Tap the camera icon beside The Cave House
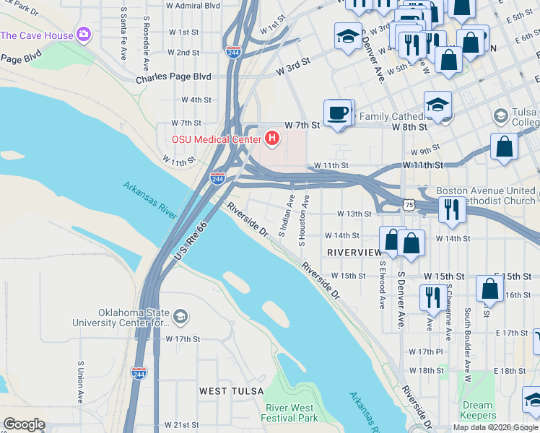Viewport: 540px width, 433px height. pyautogui.click(x=84, y=35)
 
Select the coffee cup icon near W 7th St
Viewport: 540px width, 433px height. pyautogui.click(x=338, y=113)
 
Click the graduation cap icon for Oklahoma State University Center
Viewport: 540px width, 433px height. pyautogui.click(x=180, y=316)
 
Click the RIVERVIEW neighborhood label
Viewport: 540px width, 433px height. pyautogui.click(x=354, y=252)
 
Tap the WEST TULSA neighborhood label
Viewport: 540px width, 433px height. pyautogui.click(x=229, y=390)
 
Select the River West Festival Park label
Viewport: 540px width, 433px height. pyautogui.click(x=291, y=413)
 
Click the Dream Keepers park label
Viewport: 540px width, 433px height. pyautogui.click(x=479, y=410)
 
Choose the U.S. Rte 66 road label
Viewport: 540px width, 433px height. pyautogui.click(x=191, y=241)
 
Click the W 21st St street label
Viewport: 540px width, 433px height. pyautogui.click(x=182, y=425)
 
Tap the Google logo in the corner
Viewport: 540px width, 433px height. pyautogui.click(x=24, y=424)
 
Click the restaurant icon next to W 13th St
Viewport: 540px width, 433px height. pyautogui.click(x=452, y=209)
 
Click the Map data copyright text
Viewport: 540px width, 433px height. pyautogui.click(x=495, y=427)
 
